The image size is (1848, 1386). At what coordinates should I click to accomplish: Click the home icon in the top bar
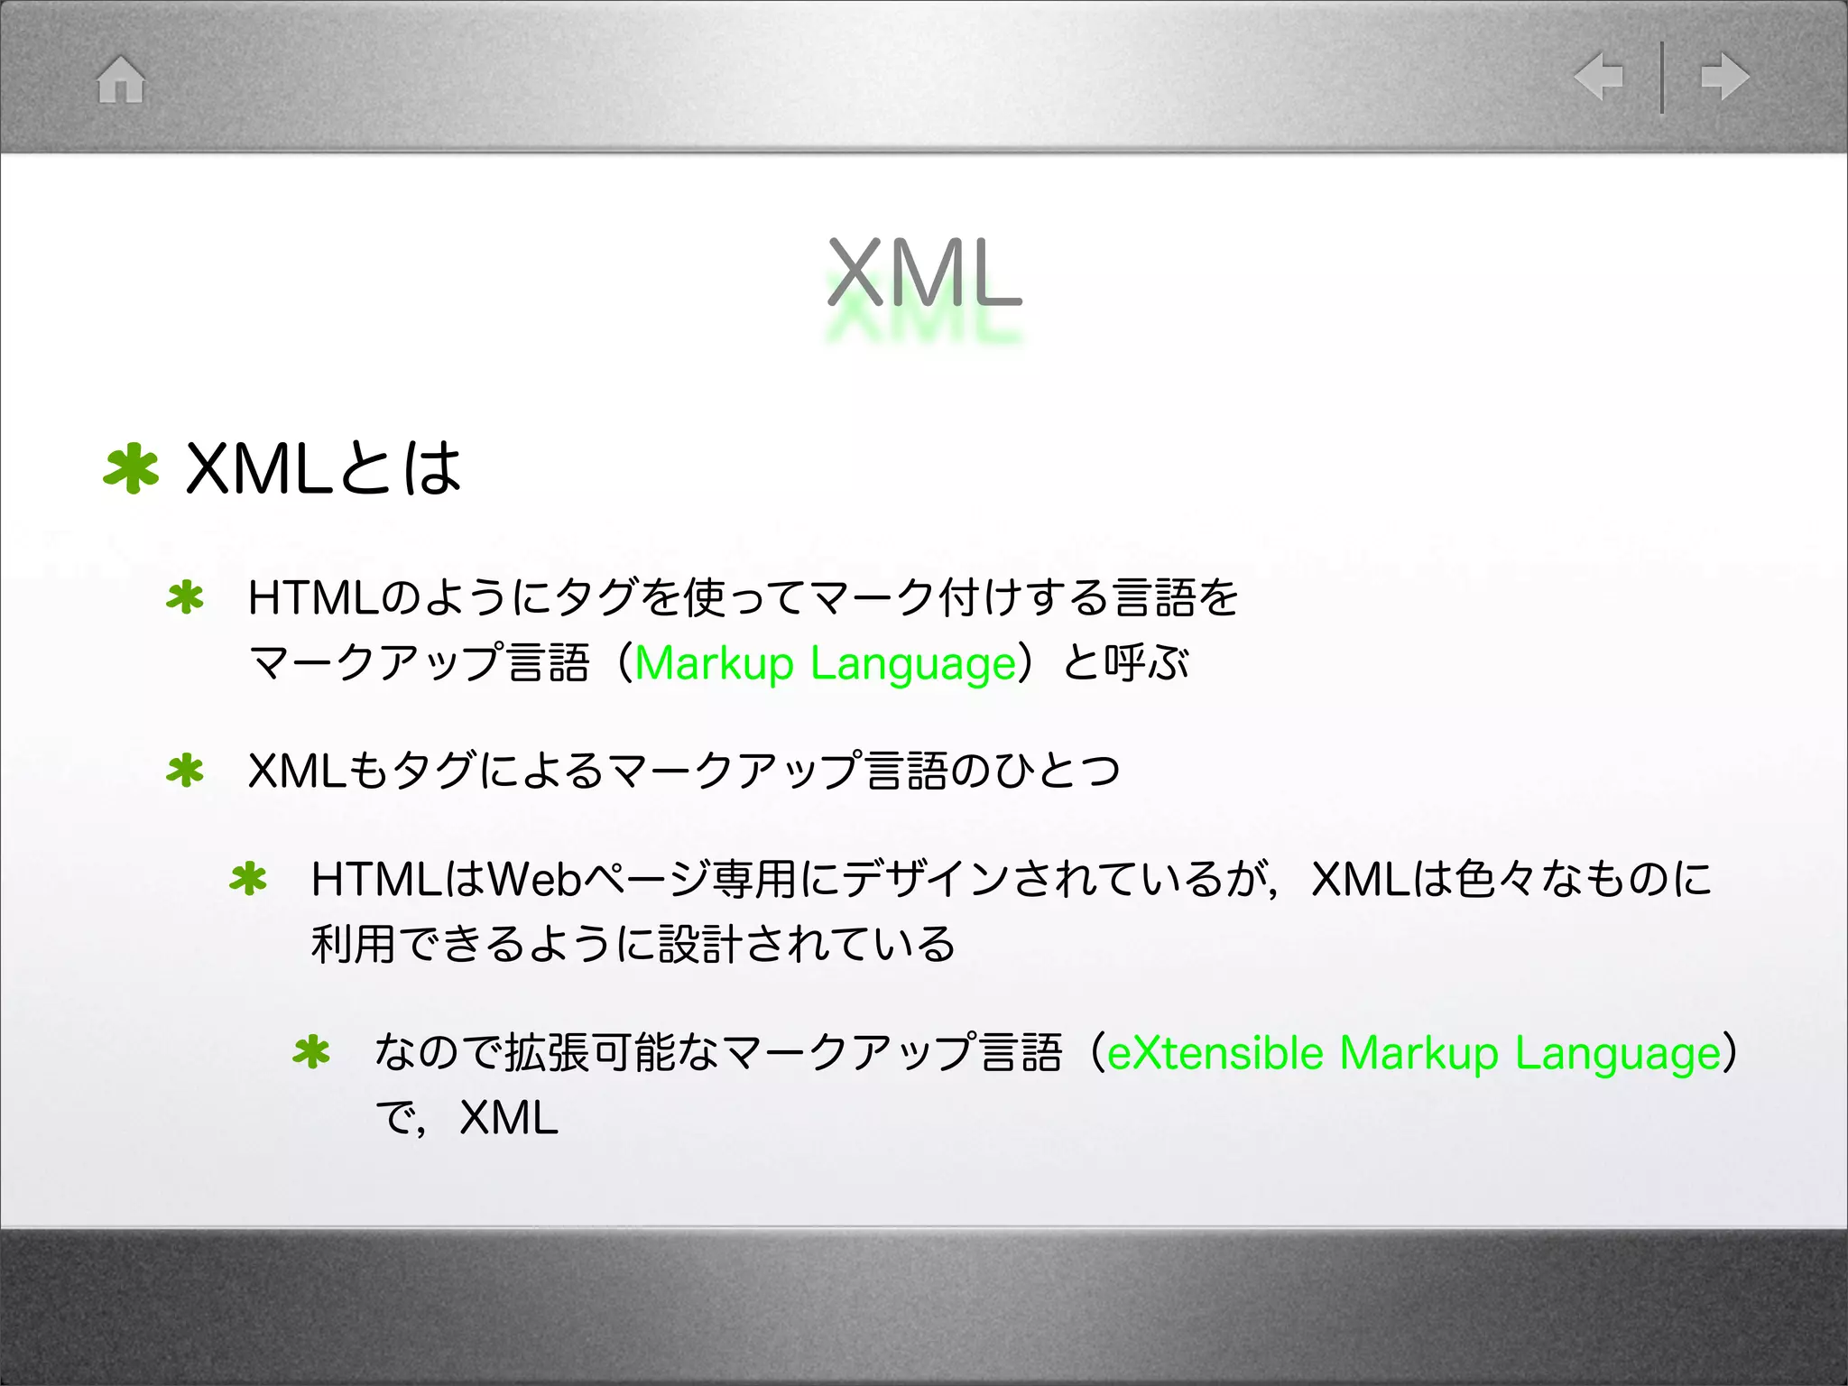[121, 79]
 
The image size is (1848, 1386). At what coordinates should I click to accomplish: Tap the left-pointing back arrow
[1599, 77]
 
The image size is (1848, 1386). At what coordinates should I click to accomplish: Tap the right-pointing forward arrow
[1724, 77]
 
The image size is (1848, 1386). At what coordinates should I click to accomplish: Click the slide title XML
[924, 273]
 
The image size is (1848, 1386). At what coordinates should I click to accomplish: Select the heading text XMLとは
[323, 469]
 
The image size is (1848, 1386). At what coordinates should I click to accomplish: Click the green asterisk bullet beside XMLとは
[131, 468]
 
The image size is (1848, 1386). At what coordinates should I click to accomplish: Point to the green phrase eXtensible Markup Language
[1414, 1053]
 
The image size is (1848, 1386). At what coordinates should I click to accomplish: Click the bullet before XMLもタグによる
[185, 772]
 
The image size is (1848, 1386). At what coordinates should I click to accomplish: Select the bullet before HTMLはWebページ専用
[248, 880]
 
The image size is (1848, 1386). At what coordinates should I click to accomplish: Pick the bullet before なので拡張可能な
[311, 1053]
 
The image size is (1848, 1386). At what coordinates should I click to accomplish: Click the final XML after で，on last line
[509, 1118]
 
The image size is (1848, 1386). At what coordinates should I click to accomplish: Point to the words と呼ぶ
[1126, 663]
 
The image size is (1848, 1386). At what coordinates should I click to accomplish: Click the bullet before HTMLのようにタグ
[185, 598]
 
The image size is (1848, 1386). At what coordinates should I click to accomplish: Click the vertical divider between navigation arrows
[1661, 78]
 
